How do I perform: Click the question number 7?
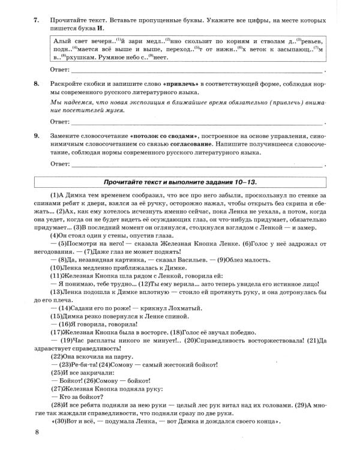click(x=37, y=20)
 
